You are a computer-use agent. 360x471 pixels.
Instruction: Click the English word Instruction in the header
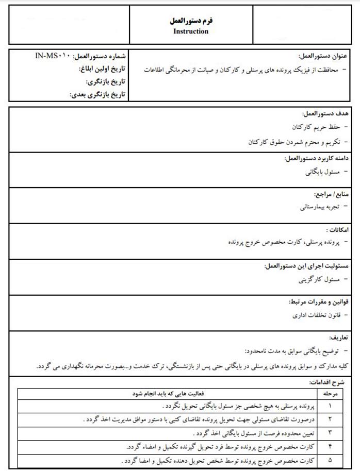191,31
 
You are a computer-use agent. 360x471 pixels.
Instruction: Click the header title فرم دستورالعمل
191,21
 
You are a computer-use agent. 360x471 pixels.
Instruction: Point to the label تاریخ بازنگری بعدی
97,94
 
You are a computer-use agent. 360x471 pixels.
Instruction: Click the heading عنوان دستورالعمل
323,56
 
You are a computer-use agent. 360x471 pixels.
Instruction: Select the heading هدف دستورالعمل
325,113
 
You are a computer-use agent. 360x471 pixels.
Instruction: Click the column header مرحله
330,393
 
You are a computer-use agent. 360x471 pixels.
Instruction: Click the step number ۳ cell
330,432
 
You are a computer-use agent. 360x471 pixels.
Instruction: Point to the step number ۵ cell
330,460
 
